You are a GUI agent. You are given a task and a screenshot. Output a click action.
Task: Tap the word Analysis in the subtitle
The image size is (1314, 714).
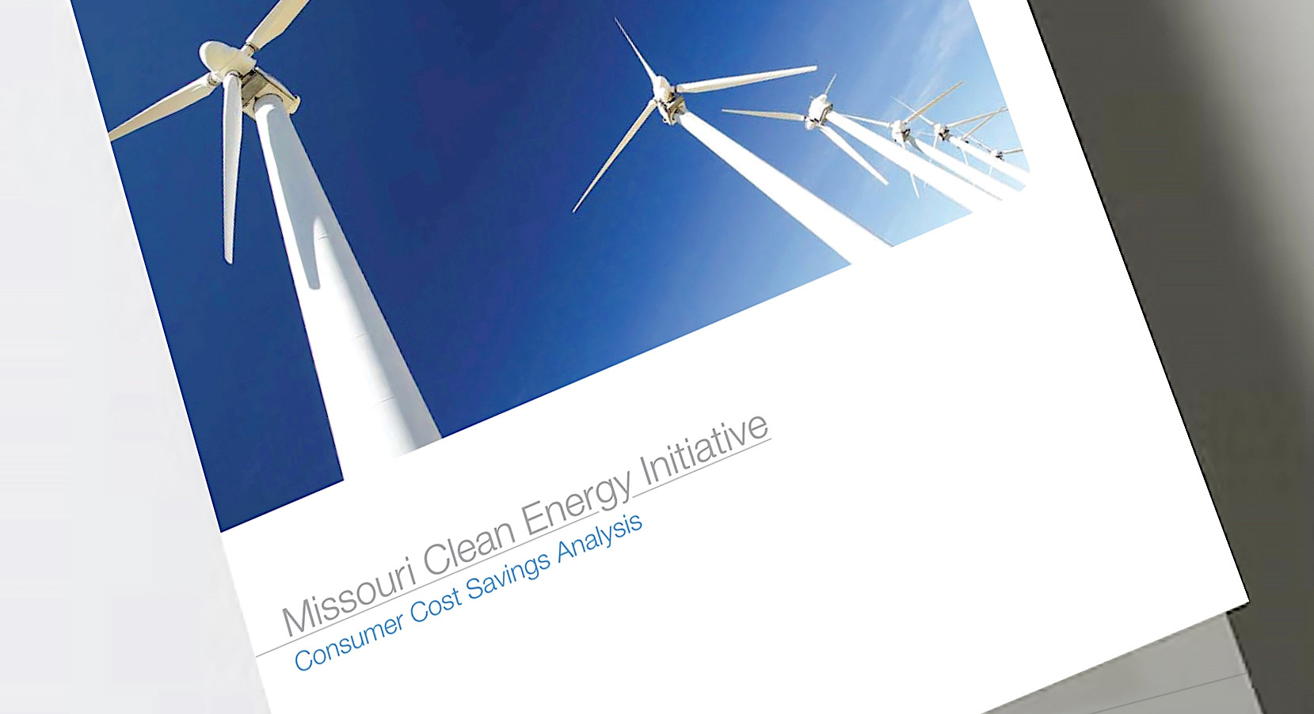click(600, 539)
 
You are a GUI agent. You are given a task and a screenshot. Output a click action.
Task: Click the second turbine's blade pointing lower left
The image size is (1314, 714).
click(613, 158)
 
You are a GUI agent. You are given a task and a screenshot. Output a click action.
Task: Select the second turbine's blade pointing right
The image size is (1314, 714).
click(745, 80)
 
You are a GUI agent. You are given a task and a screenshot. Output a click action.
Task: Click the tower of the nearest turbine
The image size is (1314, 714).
click(341, 281)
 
